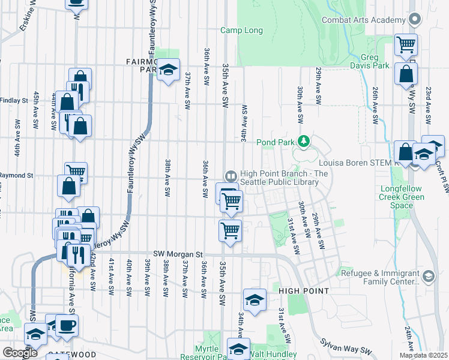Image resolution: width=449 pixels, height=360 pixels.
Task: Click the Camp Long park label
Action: point(242,30)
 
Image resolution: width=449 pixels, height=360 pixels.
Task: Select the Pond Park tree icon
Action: point(305,142)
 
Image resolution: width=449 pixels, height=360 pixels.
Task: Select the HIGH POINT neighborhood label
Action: point(303,291)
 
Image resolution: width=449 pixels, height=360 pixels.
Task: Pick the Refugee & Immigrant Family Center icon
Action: point(428,277)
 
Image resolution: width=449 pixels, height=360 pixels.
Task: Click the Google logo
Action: point(20,353)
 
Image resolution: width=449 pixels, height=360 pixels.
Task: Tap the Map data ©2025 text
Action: point(423,355)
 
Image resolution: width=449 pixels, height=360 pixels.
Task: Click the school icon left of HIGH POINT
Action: point(255,299)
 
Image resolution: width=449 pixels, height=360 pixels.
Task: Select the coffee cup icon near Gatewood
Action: point(67,325)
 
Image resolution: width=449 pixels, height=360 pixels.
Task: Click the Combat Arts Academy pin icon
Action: point(414,20)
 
